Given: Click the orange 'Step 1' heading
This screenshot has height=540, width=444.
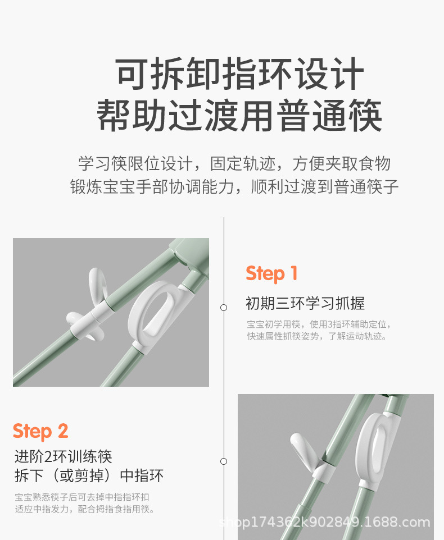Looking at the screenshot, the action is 271,274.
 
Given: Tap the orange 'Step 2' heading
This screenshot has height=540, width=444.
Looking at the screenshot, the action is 40,431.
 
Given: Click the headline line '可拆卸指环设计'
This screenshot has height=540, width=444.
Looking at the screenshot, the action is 240,74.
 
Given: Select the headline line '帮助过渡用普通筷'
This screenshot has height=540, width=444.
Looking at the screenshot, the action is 239,116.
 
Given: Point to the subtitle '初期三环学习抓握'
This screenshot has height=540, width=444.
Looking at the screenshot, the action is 305,304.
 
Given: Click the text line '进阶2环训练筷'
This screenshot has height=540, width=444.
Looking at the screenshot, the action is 64,457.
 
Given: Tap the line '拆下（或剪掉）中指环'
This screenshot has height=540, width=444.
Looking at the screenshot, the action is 89,476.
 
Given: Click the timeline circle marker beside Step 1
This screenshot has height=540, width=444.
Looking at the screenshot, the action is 224,308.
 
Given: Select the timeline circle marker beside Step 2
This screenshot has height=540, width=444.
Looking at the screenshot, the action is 224,461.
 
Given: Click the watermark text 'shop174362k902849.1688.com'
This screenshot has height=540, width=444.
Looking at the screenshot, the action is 325,523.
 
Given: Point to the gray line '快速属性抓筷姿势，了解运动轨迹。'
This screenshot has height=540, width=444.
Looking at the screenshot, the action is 317,336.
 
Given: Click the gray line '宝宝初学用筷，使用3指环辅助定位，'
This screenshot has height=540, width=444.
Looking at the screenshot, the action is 319,324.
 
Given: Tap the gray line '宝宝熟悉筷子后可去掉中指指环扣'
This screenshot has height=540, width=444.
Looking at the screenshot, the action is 82,497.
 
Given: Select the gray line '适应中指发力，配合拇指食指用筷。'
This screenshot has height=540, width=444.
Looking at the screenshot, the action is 85,509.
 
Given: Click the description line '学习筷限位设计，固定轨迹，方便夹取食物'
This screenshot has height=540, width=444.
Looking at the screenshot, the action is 234,163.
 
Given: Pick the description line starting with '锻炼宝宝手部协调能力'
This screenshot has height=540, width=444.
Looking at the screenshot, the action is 234,187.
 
